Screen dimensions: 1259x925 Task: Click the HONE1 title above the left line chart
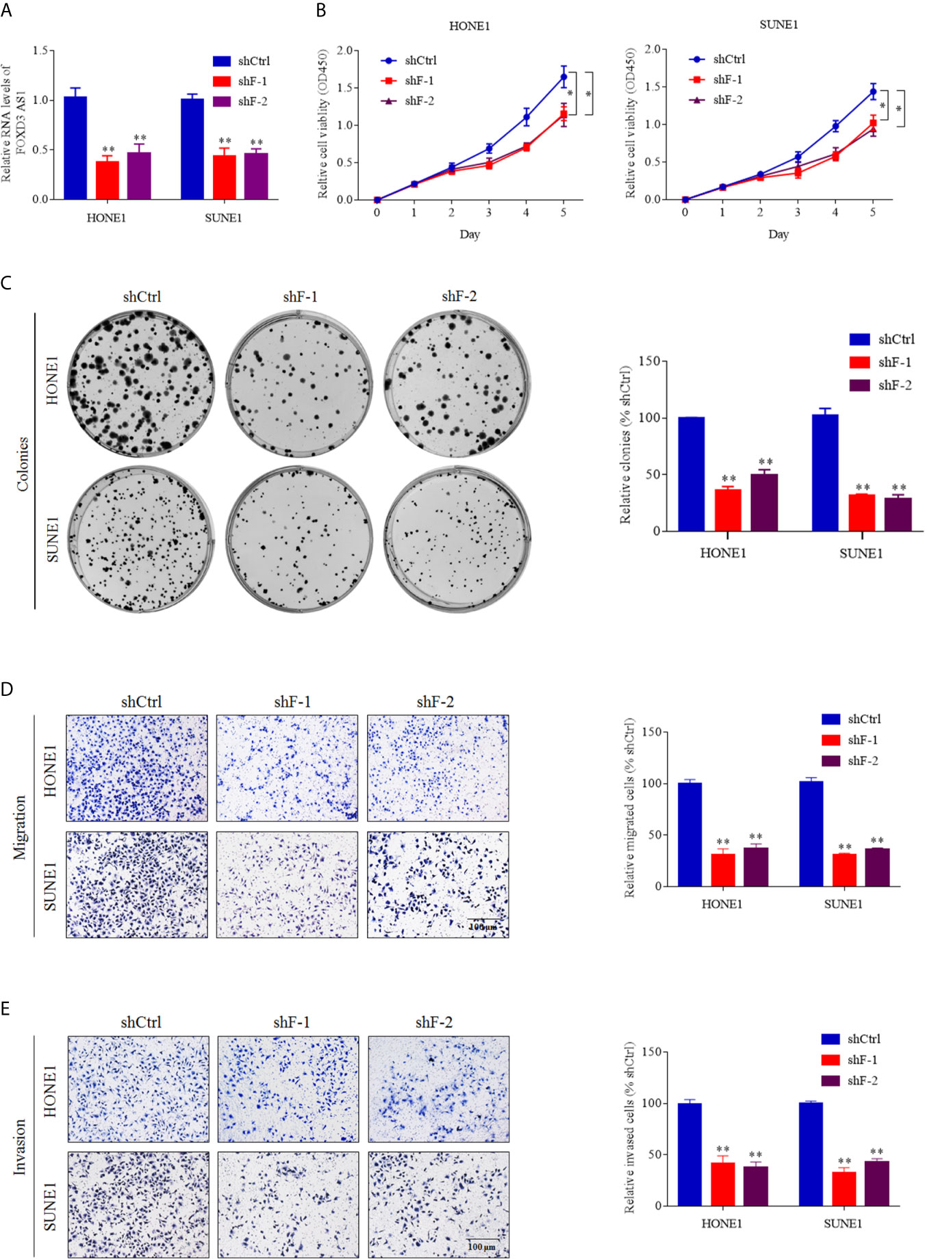[x=469, y=26]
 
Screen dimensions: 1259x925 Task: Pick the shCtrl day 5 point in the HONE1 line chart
[x=563, y=77]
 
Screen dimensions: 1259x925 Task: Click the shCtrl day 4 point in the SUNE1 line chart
[x=835, y=126]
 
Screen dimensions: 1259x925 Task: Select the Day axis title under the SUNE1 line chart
[x=778, y=234]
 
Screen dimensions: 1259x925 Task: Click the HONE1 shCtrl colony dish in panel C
[x=141, y=384]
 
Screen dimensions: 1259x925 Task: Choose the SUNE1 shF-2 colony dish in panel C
[x=457, y=539]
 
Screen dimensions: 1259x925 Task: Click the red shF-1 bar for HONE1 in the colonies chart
[x=728, y=510]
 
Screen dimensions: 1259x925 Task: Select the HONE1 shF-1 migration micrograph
[x=287, y=768]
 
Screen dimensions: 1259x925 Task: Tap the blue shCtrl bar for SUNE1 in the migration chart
[x=811, y=833]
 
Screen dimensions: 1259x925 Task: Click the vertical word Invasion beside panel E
[x=20, y=1147]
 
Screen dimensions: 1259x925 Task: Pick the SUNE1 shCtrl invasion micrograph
[x=138, y=1204]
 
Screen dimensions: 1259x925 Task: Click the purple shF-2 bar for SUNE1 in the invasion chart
[x=876, y=1183]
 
